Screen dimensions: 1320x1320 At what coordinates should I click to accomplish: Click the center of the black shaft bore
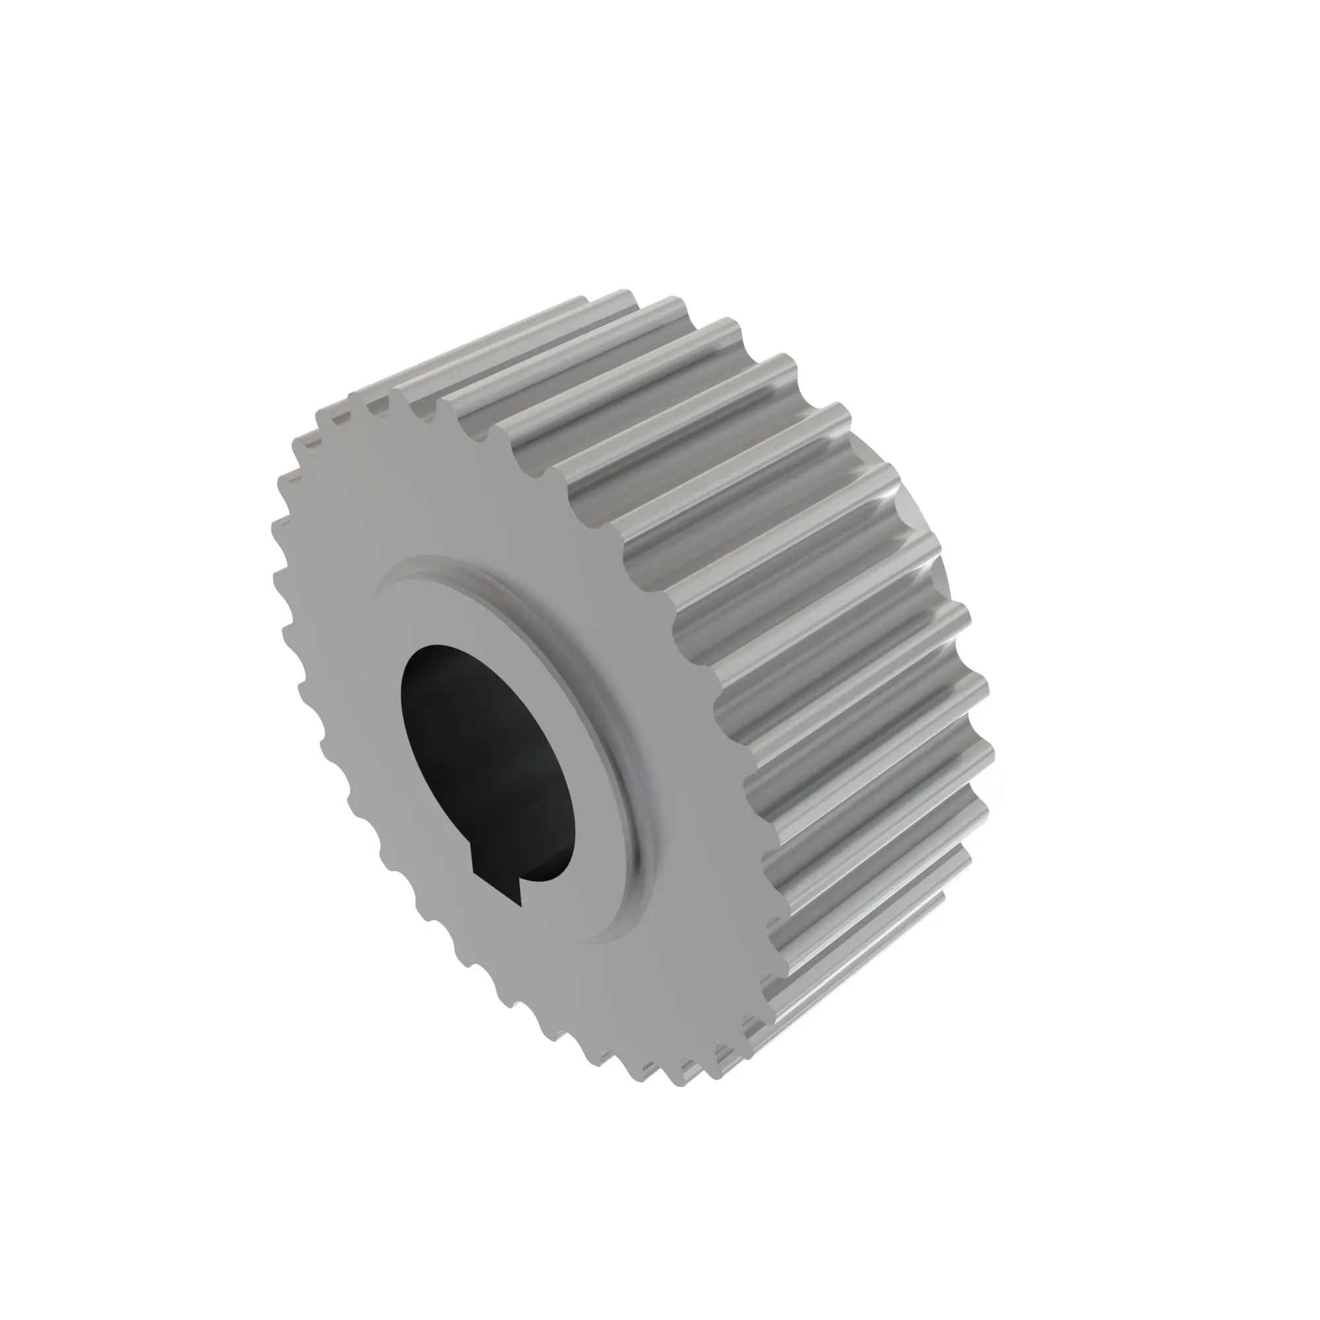point(488,758)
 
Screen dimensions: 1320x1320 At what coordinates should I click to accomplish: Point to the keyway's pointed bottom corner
point(521,906)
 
